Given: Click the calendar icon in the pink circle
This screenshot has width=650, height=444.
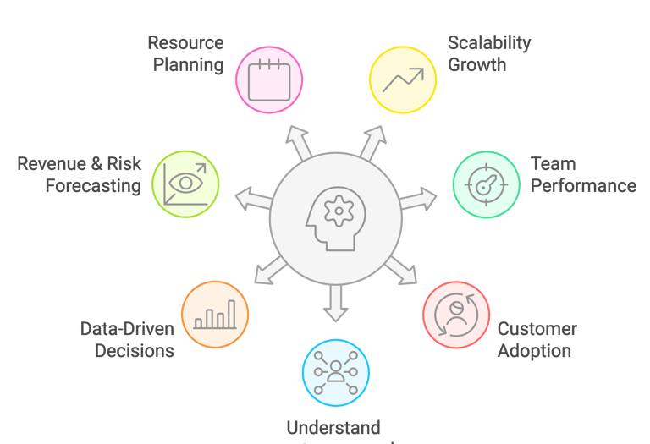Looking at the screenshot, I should [x=270, y=78].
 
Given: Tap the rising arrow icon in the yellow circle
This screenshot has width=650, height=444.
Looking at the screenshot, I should [x=402, y=79].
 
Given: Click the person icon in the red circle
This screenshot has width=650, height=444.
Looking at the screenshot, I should [x=456, y=315].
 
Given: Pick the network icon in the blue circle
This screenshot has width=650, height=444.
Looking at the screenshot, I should [x=336, y=373].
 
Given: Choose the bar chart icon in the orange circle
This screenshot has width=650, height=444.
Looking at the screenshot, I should [x=215, y=315].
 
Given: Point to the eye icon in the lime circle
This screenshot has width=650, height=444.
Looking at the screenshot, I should [x=185, y=184].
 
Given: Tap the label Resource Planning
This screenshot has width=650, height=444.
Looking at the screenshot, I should [x=187, y=53].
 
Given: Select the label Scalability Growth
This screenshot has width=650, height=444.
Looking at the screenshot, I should [x=488, y=53].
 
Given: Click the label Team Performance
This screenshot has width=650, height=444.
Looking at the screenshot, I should [x=582, y=174].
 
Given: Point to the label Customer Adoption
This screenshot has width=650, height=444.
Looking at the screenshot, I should [x=537, y=339].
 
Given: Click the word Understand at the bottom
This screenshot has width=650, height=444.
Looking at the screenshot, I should [x=333, y=428].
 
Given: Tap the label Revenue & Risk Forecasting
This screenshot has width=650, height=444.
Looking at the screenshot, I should [x=80, y=174].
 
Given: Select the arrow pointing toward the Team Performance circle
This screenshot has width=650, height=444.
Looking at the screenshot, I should [x=418, y=200].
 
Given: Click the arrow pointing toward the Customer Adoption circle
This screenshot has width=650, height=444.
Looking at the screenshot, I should [x=401, y=271].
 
